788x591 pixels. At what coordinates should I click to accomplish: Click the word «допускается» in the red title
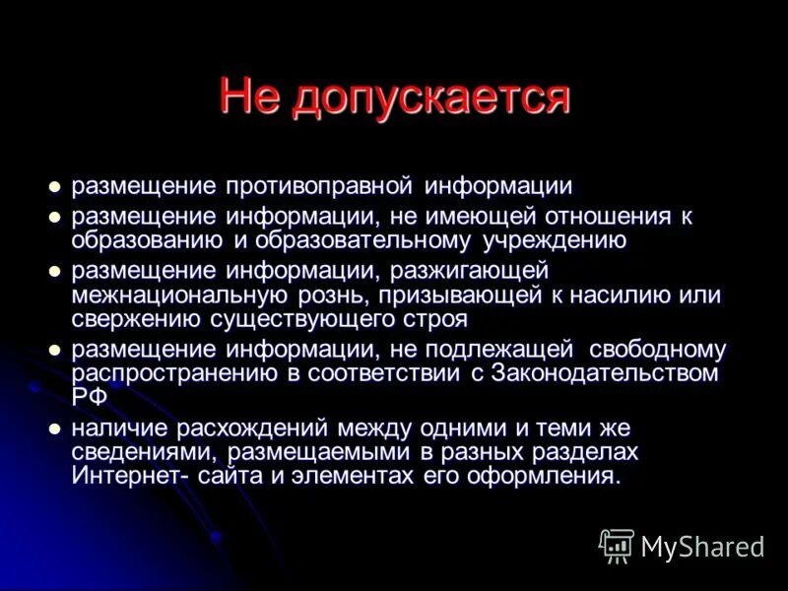433,98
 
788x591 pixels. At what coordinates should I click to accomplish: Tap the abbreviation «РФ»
87,396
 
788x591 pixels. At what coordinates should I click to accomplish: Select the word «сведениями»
145,453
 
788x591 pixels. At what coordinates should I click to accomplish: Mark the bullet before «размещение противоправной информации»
55,187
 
